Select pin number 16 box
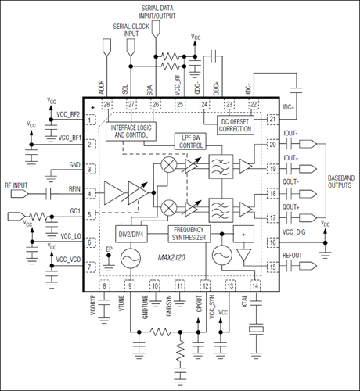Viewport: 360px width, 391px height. pos(273,243)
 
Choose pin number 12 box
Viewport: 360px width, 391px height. pos(205,286)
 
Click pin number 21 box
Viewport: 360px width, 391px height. pos(273,119)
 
